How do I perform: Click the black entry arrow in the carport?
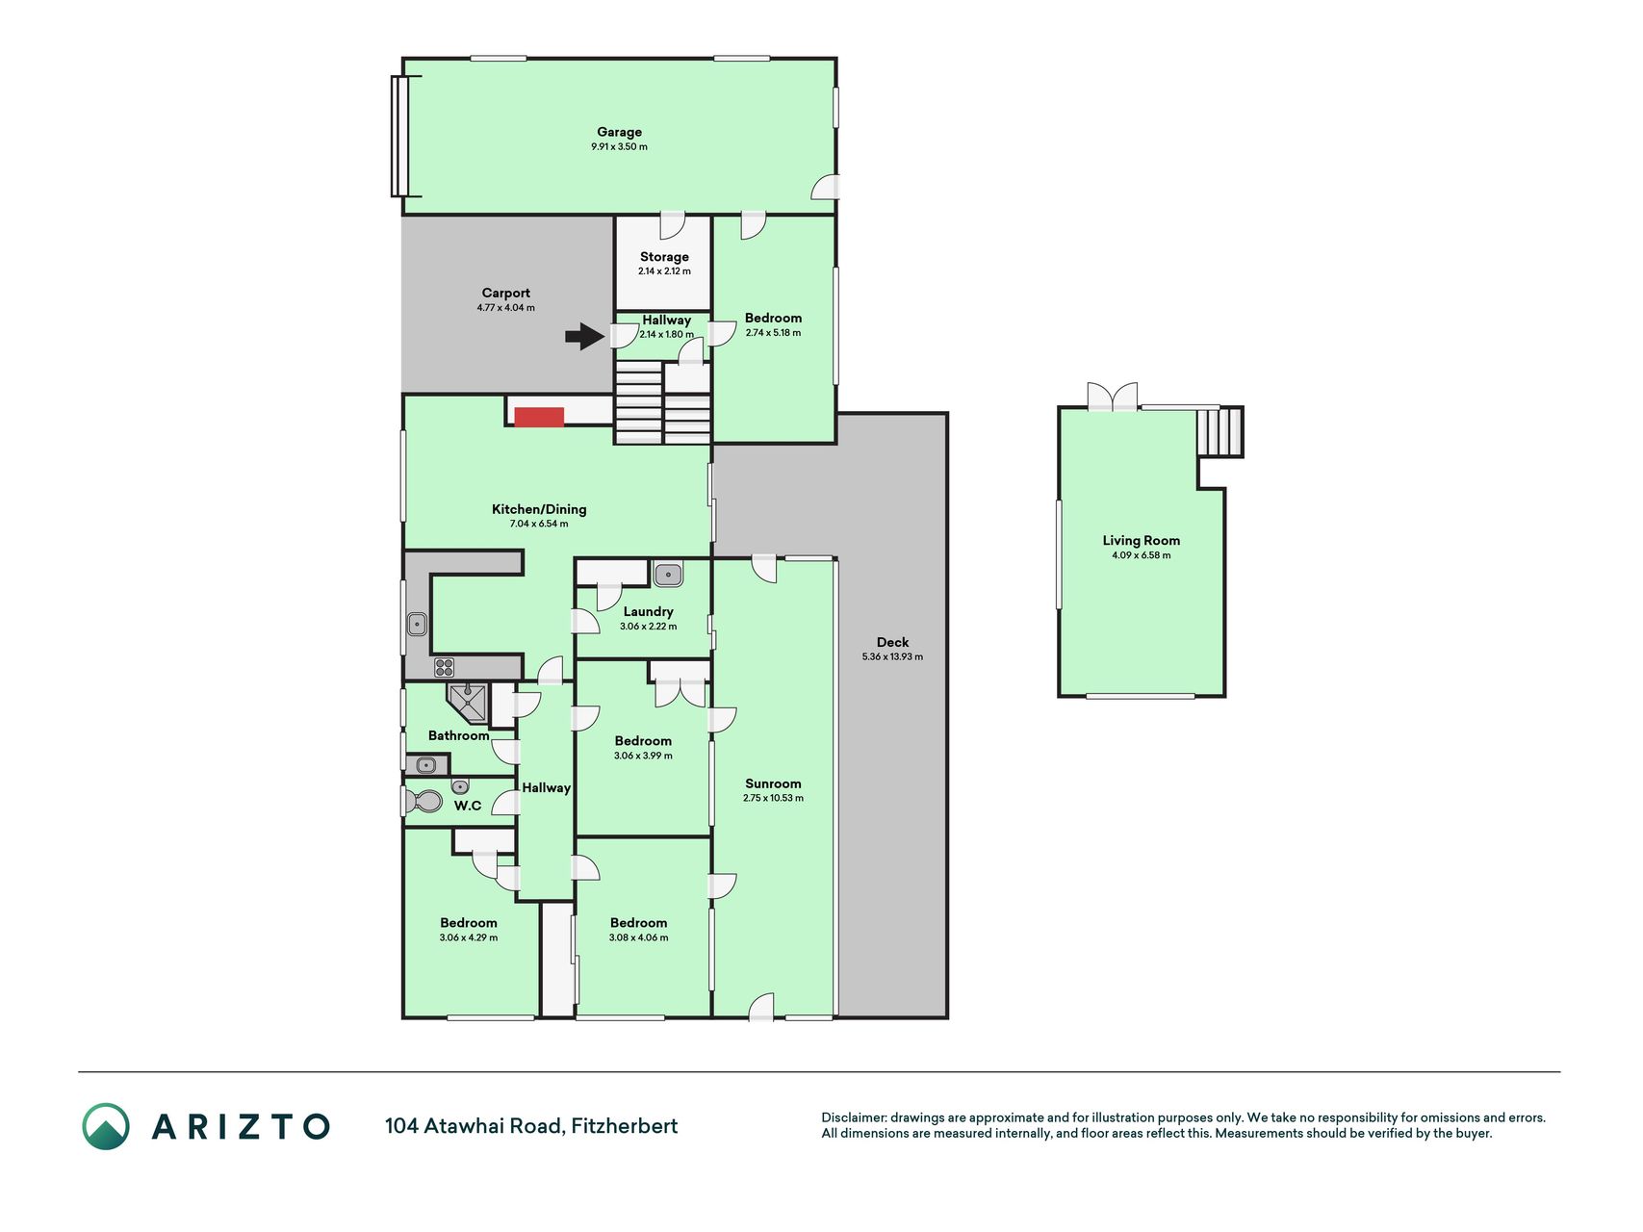tap(584, 336)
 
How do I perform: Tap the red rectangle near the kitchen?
tap(539, 417)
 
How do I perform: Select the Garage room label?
tap(619, 132)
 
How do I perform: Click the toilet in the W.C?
tap(424, 801)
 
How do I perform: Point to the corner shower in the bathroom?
tap(467, 703)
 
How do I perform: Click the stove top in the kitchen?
tap(444, 667)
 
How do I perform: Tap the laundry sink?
tap(668, 576)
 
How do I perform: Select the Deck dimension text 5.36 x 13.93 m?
tap(892, 657)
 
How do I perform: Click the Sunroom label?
tap(773, 783)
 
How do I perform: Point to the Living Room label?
tap(1142, 541)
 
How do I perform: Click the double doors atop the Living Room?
tap(1113, 397)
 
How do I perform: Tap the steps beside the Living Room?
tap(1220, 432)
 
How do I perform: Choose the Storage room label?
tap(664, 257)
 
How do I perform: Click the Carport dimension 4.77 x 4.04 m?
tap(505, 308)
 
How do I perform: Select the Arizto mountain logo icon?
tap(106, 1126)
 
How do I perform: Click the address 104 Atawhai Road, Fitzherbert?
tap(531, 1126)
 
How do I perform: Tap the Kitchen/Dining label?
tap(539, 509)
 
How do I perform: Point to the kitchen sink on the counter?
tap(417, 624)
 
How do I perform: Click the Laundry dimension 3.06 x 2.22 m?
tap(648, 627)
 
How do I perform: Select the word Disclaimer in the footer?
tap(853, 1117)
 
